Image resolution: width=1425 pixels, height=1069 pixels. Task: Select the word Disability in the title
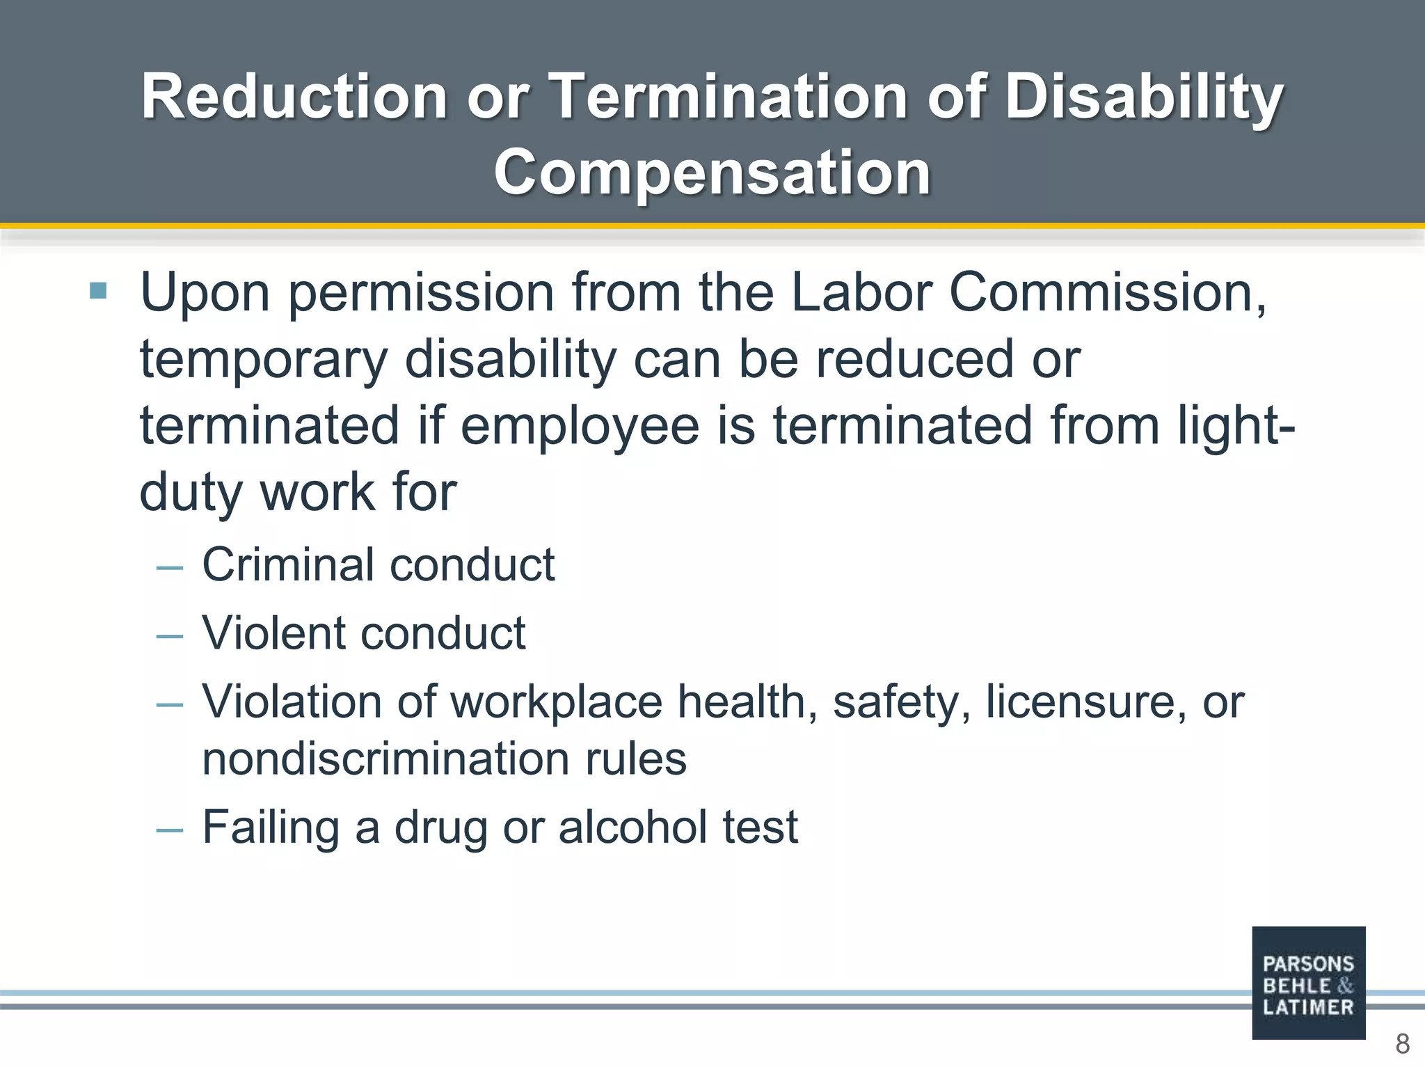tap(1143, 97)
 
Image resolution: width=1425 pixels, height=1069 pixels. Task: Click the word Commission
tap(1106, 292)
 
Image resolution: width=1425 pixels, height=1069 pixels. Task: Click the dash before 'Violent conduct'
tap(170, 635)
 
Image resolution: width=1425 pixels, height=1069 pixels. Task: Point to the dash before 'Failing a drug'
tap(170, 830)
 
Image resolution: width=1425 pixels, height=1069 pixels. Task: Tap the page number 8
tap(1402, 1044)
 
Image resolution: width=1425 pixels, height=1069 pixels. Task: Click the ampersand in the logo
tap(1345, 985)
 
